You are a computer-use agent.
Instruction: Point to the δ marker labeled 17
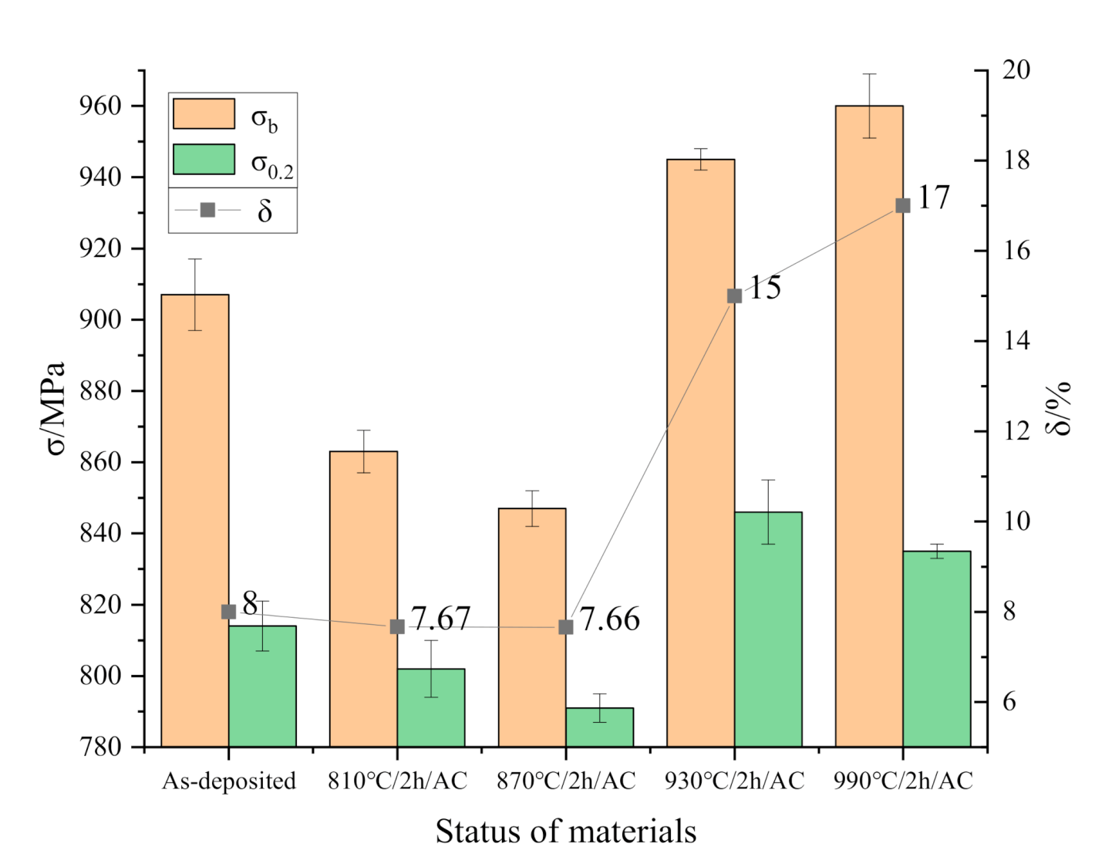tap(903, 205)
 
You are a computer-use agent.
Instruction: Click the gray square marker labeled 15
tap(734, 295)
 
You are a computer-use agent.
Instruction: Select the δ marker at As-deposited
tap(228, 612)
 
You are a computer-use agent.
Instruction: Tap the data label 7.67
tap(440, 619)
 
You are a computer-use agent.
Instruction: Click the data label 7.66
tap(609, 619)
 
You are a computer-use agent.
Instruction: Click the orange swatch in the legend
tap(204, 113)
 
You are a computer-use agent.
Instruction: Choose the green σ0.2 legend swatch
tap(204, 160)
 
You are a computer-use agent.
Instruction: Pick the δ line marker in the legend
tap(207, 210)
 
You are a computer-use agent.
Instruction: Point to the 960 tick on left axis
tap(101, 106)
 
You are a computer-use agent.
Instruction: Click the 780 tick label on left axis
tap(101, 747)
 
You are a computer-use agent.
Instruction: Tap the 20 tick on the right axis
tap(1016, 70)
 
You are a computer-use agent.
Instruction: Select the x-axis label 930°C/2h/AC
tap(734, 781)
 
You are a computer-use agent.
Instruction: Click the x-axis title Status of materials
tap(566, 832)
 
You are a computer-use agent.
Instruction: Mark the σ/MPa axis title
tap(55, 409)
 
